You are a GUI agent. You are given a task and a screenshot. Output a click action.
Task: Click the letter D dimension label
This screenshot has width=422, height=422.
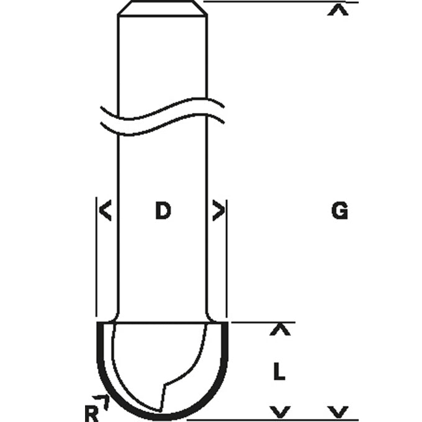(162, 212)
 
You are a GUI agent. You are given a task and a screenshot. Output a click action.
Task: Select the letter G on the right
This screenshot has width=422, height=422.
(339, 212)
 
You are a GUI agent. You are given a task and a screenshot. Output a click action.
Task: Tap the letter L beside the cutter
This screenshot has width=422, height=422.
(280, 372)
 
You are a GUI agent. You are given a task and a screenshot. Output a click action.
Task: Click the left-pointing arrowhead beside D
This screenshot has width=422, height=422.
(105, 212)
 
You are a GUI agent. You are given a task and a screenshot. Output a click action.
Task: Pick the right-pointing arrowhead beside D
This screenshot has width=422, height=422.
(218, 212)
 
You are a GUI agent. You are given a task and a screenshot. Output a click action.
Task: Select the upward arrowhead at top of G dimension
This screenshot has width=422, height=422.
(338, 11)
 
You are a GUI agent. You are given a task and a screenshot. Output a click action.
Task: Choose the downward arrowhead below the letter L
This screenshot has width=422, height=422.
(282, 411)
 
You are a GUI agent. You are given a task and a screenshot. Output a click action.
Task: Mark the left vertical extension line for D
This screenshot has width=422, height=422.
(97, 261)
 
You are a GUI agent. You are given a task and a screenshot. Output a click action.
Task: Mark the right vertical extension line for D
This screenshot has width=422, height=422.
(227, 261)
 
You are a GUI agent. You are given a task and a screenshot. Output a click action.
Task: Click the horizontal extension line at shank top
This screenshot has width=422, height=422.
(279, 2)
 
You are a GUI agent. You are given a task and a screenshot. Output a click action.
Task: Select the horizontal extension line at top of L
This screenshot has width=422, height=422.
(261, 323)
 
